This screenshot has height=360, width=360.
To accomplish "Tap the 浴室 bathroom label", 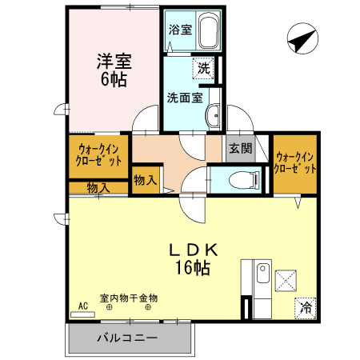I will [x=180, y=30].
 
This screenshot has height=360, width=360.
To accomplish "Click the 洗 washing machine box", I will [x=205, y=69].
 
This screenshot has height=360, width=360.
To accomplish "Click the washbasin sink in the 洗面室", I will [x=214, y=118].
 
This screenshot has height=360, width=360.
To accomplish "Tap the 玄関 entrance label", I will [x=240, y=148].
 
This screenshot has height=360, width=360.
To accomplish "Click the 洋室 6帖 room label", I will [x=114, y=69].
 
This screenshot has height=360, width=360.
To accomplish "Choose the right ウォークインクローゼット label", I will [x=294, y=163].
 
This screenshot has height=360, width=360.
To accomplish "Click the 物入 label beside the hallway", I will [x=145, y=181].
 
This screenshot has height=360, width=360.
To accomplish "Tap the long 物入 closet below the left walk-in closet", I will [x=98, y=188].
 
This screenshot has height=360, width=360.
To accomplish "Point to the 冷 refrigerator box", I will [x=305, y=306].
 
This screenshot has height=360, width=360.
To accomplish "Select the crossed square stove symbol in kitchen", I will [x=286, y=280].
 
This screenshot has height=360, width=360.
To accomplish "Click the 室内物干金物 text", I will [x=129, y=298].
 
